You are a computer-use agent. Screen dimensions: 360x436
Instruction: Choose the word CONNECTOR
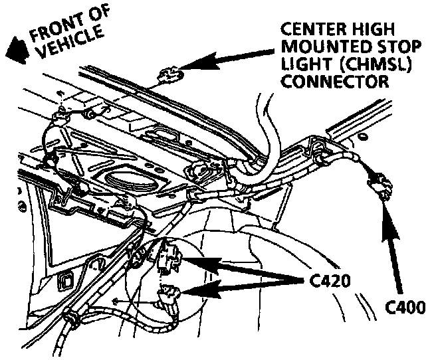point(334,82)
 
